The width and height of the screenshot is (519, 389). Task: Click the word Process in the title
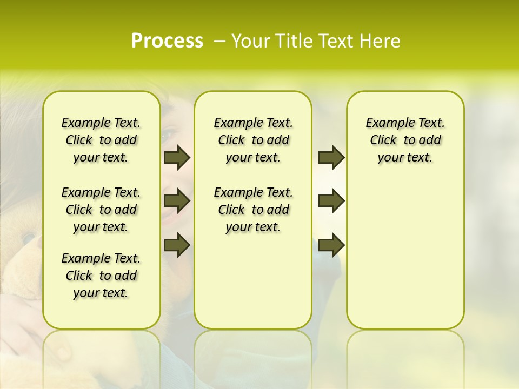167,41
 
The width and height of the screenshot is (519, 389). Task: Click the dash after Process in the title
219,42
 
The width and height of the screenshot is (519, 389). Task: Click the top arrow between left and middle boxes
177,157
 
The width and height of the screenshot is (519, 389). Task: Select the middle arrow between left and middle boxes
177,201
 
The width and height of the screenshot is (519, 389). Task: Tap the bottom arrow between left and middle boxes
177,245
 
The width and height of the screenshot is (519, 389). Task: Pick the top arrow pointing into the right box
331,157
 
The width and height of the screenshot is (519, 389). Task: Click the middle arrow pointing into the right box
331,201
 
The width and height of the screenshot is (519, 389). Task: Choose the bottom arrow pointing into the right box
331,245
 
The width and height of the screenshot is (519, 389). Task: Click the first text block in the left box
101,140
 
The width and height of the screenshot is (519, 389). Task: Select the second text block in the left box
101,210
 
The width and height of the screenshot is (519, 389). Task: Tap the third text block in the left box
101,276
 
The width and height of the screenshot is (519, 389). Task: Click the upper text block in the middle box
253,140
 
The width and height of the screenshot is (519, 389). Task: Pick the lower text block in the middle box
253,210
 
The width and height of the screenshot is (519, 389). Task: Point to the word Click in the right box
383,140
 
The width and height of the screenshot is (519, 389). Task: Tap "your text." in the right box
405,158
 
